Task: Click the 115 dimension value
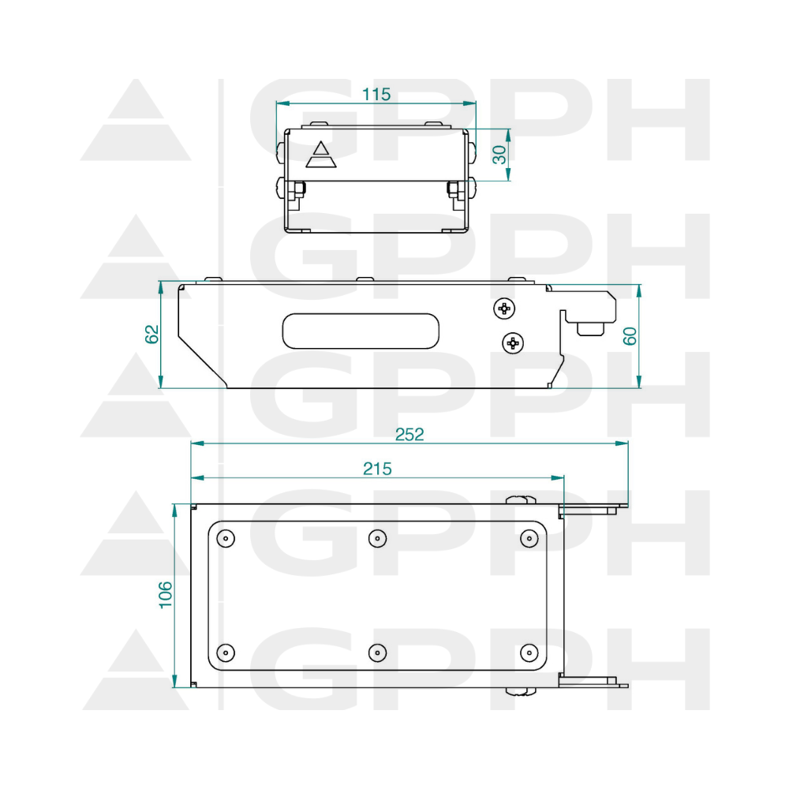coord(376,94)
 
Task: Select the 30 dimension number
coord(499,155)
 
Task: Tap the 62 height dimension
coord(151,334)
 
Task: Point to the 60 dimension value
coord(630,335)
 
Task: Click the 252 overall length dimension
coord(409,434)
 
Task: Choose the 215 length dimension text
coord(377,469)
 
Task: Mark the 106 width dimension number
coord(166,595)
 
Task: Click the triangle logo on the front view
coord(321,155)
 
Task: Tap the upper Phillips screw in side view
coord(504,308)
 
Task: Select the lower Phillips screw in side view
coord(513,343)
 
